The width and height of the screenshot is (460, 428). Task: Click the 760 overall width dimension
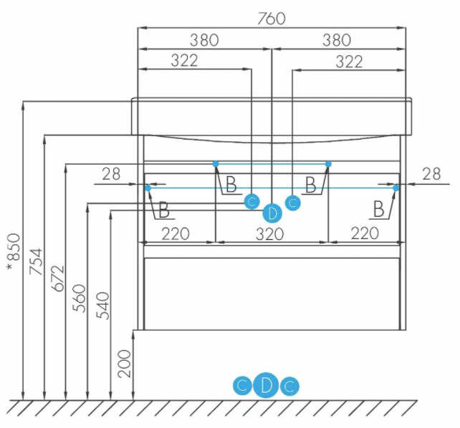271,19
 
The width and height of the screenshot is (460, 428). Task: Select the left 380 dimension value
204,40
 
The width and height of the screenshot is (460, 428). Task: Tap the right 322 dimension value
349,62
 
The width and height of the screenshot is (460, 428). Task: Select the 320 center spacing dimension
271,233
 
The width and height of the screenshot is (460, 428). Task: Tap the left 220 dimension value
176,233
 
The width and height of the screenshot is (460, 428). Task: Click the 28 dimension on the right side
432,174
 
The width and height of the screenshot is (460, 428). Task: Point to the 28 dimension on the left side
112,174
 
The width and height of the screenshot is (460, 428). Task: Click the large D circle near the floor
266,386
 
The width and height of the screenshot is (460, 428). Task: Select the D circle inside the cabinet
272,213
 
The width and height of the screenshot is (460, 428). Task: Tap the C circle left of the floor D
242,386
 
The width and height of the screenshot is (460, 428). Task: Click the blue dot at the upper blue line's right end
328,164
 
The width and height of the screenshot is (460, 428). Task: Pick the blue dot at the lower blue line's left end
148,188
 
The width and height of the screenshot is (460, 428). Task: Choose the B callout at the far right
379,209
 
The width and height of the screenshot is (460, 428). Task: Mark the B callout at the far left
164,210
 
